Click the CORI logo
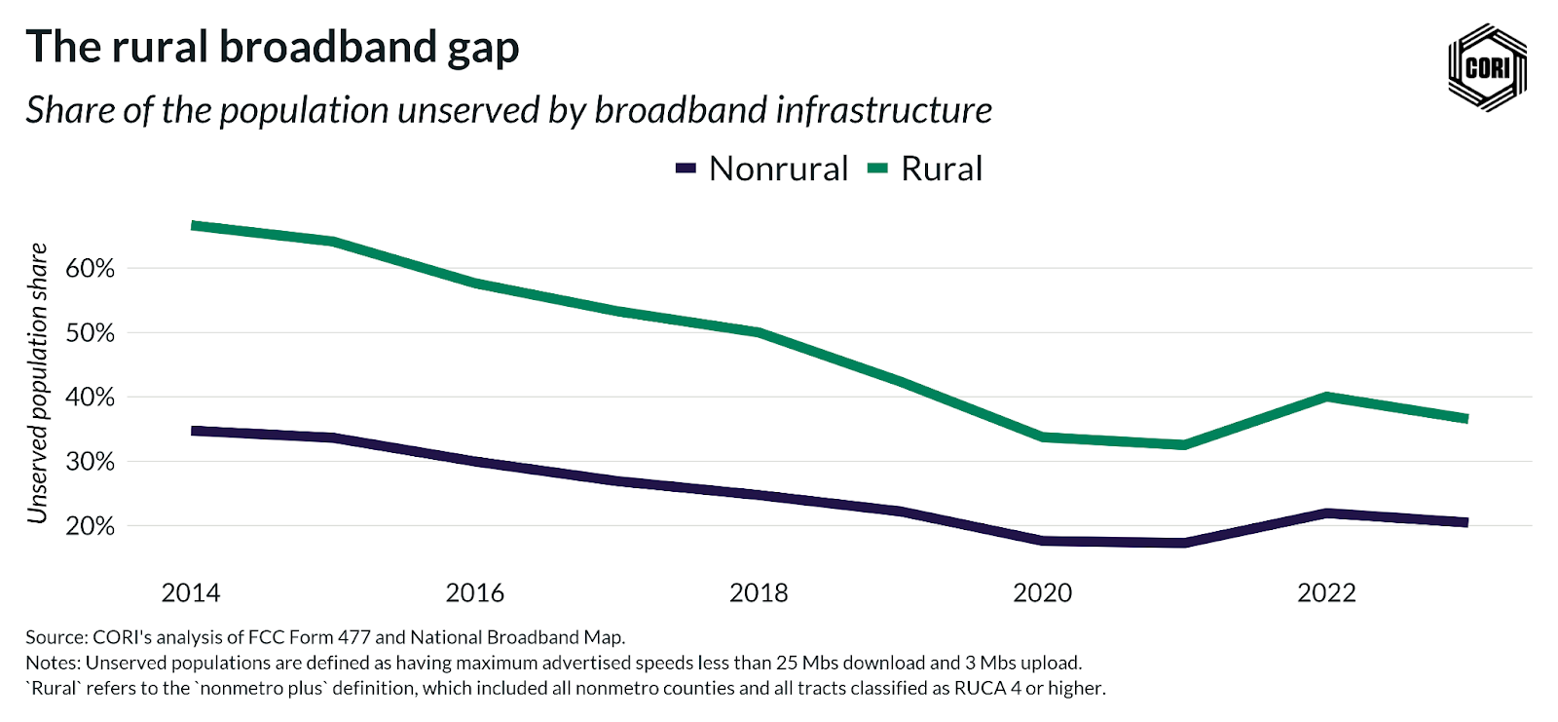(x=1487, y=67)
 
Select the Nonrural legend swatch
(x=686, y=169)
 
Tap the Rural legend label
(x=941, y=169)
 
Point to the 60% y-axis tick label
(x=90, y=268)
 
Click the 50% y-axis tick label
(x=90, y=332)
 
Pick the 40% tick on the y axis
(x=90, y=397)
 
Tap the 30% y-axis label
(x=90, y=461)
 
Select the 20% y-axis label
(x=90, y=525)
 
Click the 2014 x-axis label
(x=191, y=592)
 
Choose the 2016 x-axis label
(x=475, y=592)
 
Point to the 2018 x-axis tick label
(x=759, y=592)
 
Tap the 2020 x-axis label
(x=1043, y=592)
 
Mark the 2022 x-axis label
(x=1326, y=592)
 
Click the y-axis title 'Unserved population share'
(x=38, y=383)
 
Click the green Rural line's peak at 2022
(x=1326, y=397)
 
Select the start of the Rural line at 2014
(x=194, y=226)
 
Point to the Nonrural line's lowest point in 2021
(x=1184, y=542)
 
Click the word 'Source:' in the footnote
(x=56, y=637)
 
